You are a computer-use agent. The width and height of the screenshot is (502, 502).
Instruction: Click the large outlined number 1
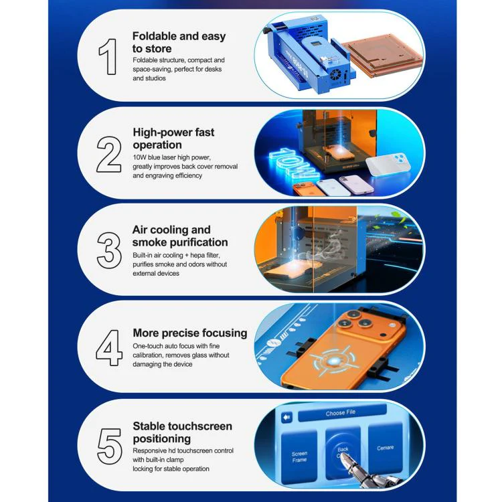pos(108,57)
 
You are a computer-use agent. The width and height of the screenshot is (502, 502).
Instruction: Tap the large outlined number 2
pos(109,155)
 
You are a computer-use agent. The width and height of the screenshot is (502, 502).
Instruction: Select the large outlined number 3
pos(109,250)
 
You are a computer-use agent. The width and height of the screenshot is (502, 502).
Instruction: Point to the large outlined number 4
pos(109,347)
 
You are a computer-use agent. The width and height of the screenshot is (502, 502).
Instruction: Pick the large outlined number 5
pos(110,446)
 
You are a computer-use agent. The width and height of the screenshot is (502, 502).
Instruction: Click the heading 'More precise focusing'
pos(190,333)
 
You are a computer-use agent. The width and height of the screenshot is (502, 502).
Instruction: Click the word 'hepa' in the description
pos(197,256)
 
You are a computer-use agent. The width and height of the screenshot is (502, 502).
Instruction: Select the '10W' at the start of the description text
pos(140,157)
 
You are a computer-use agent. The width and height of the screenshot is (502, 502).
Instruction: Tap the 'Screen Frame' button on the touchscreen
pos(299,456)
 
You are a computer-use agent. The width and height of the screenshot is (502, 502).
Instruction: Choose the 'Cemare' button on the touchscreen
pos(385,448)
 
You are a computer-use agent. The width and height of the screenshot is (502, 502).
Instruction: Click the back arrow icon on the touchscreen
pos(286,417)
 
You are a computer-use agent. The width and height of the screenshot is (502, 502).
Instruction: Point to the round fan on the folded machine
pos(335,76)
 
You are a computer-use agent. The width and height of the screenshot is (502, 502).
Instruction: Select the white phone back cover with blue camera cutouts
pos(388,164)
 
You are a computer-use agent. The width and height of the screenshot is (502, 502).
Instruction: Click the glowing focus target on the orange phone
pos(333,361)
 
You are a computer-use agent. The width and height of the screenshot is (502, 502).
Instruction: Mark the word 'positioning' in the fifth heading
pos(162,438)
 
